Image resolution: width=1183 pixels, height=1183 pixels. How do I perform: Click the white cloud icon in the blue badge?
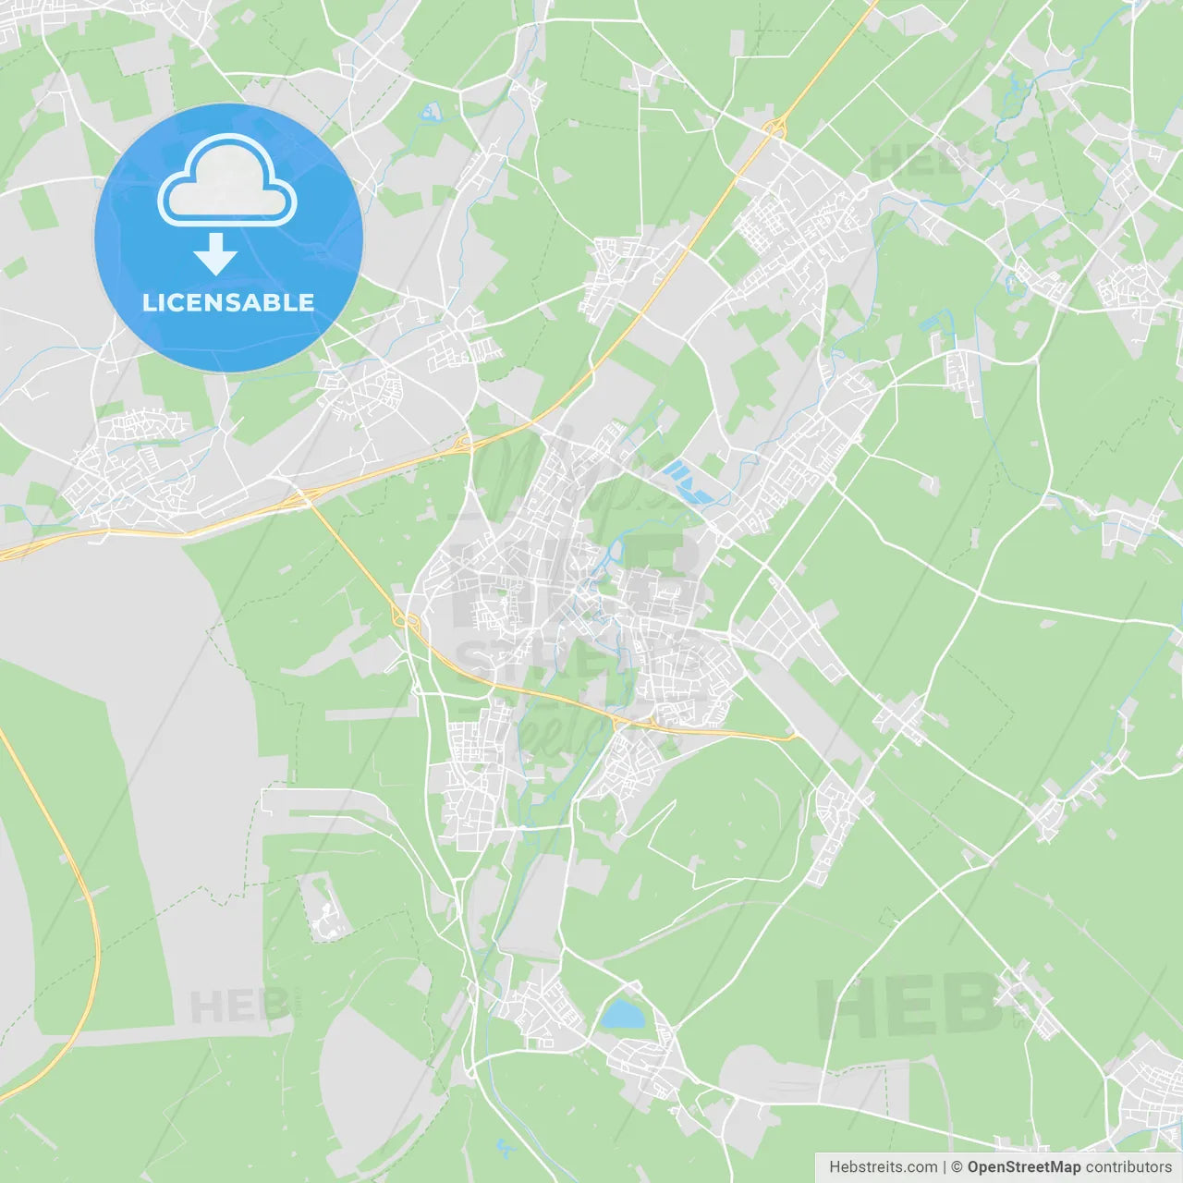227,180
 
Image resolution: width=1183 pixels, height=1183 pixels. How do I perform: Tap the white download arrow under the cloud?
215,254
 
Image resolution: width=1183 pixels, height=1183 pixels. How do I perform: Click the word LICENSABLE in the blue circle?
228,302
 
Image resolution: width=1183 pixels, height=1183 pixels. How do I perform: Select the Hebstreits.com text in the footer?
883,1167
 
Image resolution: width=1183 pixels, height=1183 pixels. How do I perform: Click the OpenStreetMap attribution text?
1023,1167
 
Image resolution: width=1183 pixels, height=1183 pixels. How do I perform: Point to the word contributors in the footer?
1128,1167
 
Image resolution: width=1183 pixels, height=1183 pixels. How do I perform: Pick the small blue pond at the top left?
430,114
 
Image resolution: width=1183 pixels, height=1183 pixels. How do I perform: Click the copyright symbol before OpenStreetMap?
957,1167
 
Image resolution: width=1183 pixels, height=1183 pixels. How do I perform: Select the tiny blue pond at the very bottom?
505,1148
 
